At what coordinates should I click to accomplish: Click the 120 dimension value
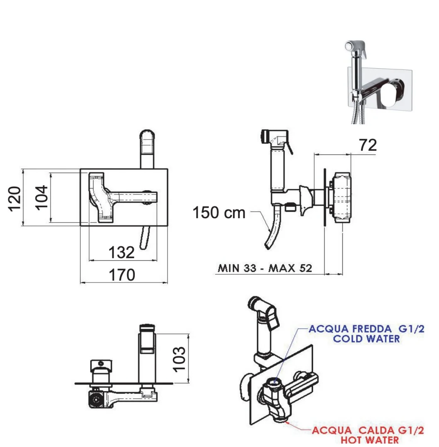[x=15, y=199]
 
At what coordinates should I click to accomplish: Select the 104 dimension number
[x=41, y=197]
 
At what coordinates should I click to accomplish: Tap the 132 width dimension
[x=121, y=252]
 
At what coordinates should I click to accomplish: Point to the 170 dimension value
[x=122, y=275]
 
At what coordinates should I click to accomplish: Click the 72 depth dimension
[x=368, y=145]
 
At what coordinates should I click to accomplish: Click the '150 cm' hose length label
[x=219, y=213]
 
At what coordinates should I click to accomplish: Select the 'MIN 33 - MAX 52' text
[x=265, y=268]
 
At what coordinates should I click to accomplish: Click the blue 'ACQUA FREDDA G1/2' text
[x=366, y=329]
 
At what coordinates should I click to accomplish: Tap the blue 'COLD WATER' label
[x=366, y=339]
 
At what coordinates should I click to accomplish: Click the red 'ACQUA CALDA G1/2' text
[x=368, y=430]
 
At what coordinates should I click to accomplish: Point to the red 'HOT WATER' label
[x=370, y=440]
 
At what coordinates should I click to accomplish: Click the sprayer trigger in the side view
[x=290, y=147]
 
